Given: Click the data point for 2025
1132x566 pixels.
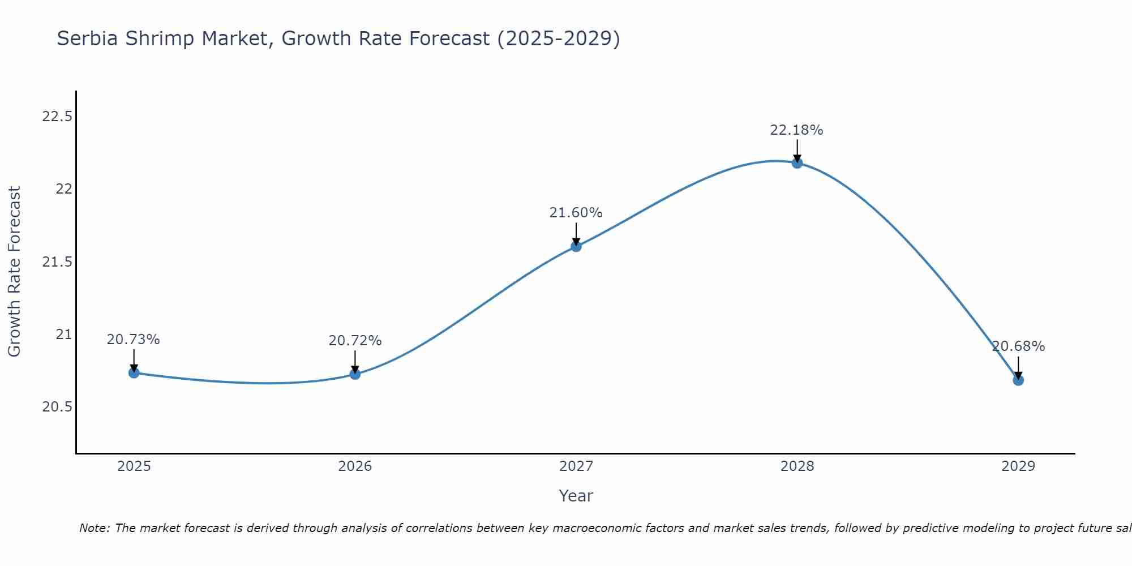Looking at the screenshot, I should tap(134, 372).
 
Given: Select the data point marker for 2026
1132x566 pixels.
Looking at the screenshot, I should tap(355, 374).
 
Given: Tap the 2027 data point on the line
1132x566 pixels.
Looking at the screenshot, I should tap(576, 246).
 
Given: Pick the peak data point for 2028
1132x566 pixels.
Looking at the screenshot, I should tap(797, 163).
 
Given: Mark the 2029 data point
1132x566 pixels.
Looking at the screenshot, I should tap(1018, 380).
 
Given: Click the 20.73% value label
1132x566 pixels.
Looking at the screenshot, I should tap(134, 340).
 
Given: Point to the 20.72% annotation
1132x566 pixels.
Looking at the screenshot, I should tap(355, 341).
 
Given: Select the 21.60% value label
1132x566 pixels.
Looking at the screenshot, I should tap(576, 213).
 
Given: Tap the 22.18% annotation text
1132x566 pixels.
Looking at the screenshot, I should tap(796, 130).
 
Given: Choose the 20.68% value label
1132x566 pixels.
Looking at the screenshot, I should tap(1018, 346).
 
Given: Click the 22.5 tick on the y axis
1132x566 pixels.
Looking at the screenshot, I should tap(57, 117).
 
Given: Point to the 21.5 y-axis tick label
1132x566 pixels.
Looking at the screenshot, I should tap(57, 262).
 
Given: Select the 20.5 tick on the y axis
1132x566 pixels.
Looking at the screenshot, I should tap(57, 407).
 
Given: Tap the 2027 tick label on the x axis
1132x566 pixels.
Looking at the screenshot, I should tap(576, 466).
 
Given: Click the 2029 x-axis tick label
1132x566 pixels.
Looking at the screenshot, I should tap(1018, 466).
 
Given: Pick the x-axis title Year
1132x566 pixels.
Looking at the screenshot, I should tap(576, 496).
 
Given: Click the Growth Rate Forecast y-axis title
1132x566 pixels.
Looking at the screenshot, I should tap(14, 271).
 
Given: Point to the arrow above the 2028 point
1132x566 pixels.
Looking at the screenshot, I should tap(797, 150).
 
